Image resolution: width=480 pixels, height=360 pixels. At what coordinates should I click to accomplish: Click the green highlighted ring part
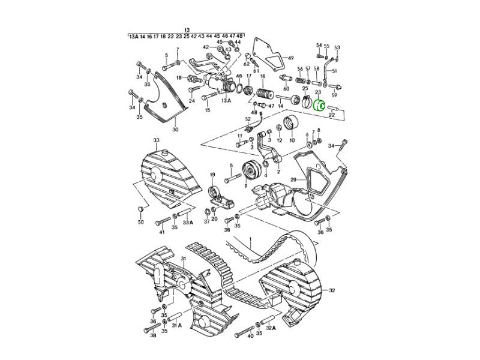[x=320, y=106]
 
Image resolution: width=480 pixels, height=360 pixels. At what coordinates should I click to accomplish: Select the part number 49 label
[x=290, y=58]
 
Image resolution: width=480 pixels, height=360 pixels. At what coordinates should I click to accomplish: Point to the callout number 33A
[x=188, y=223]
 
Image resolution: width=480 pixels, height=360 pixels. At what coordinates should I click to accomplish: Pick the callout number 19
[x=212, y=175]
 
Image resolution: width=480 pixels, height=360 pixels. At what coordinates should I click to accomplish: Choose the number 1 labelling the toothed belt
[x=251, y=241]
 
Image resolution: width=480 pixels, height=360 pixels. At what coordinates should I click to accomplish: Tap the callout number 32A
[x=271, y=328]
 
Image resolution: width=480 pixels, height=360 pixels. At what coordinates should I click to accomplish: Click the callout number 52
[x=247, y=119]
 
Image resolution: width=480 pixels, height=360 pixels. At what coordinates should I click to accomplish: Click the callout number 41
[x=161, y=232]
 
